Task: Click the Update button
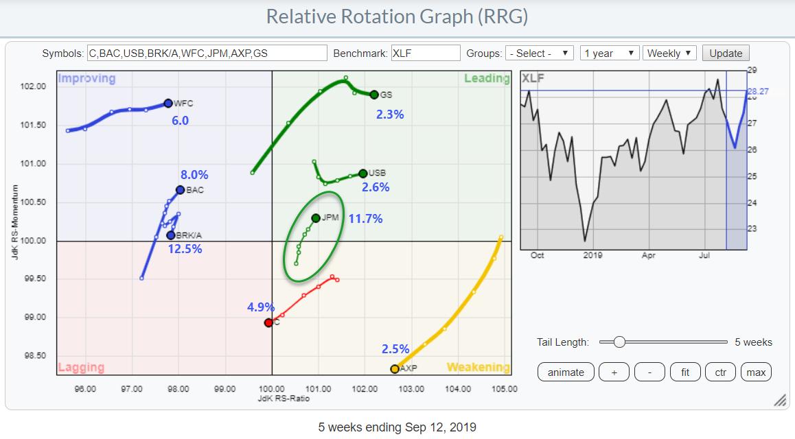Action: [726, 54]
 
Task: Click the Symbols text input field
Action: [207, 54]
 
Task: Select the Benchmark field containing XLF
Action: [425, 54]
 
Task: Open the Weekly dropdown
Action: [669, 54]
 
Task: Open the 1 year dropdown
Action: [610, 54]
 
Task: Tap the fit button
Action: [685, 372]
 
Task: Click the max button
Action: [756, 372]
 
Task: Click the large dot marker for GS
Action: [373, 95]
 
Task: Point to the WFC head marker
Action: [168, 104]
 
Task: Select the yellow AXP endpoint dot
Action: [395, 369]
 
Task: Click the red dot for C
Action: [268, 322]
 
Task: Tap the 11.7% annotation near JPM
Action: [366, 219]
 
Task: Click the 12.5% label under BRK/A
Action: [185, 249]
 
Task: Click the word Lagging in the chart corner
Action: [81, 368]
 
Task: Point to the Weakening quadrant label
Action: [478, 368]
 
